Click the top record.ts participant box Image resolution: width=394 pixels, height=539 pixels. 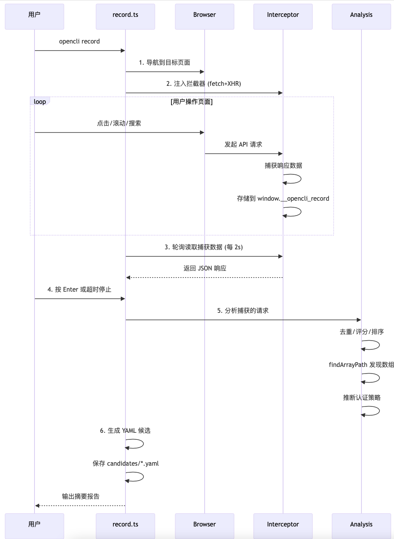(x=125, y=16)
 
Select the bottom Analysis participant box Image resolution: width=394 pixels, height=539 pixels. (x=361, y=526)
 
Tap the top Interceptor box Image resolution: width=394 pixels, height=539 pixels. (x=283, y=16)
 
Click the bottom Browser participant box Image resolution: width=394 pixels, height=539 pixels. (x=204, y=526)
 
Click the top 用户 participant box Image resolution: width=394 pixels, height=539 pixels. (x=34, y=16)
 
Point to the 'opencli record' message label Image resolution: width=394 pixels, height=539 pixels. (x=79, y=42)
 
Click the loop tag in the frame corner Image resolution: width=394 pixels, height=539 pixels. (x=40, y=102)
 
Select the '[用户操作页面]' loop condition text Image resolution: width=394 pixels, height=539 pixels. (x=191, y=102)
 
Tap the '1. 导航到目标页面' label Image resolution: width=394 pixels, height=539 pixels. (x=165, y=63)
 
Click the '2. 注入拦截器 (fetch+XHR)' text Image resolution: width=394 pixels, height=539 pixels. (x=203, y=84)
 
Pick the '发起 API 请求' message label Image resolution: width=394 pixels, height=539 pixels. (x=243, y=145)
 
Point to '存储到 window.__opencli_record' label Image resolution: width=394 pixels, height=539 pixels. (x=283, y=199)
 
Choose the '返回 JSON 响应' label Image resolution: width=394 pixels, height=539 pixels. (x=205, y=269)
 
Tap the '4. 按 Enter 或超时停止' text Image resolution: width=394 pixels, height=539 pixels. (x=79, y=290)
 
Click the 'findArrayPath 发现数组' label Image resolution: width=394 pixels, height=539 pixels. (x=361, y=365)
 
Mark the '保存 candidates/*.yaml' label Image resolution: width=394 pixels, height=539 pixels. (x=125, y=464)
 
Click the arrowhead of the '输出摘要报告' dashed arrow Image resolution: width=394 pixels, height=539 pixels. (x=37, y=506)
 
